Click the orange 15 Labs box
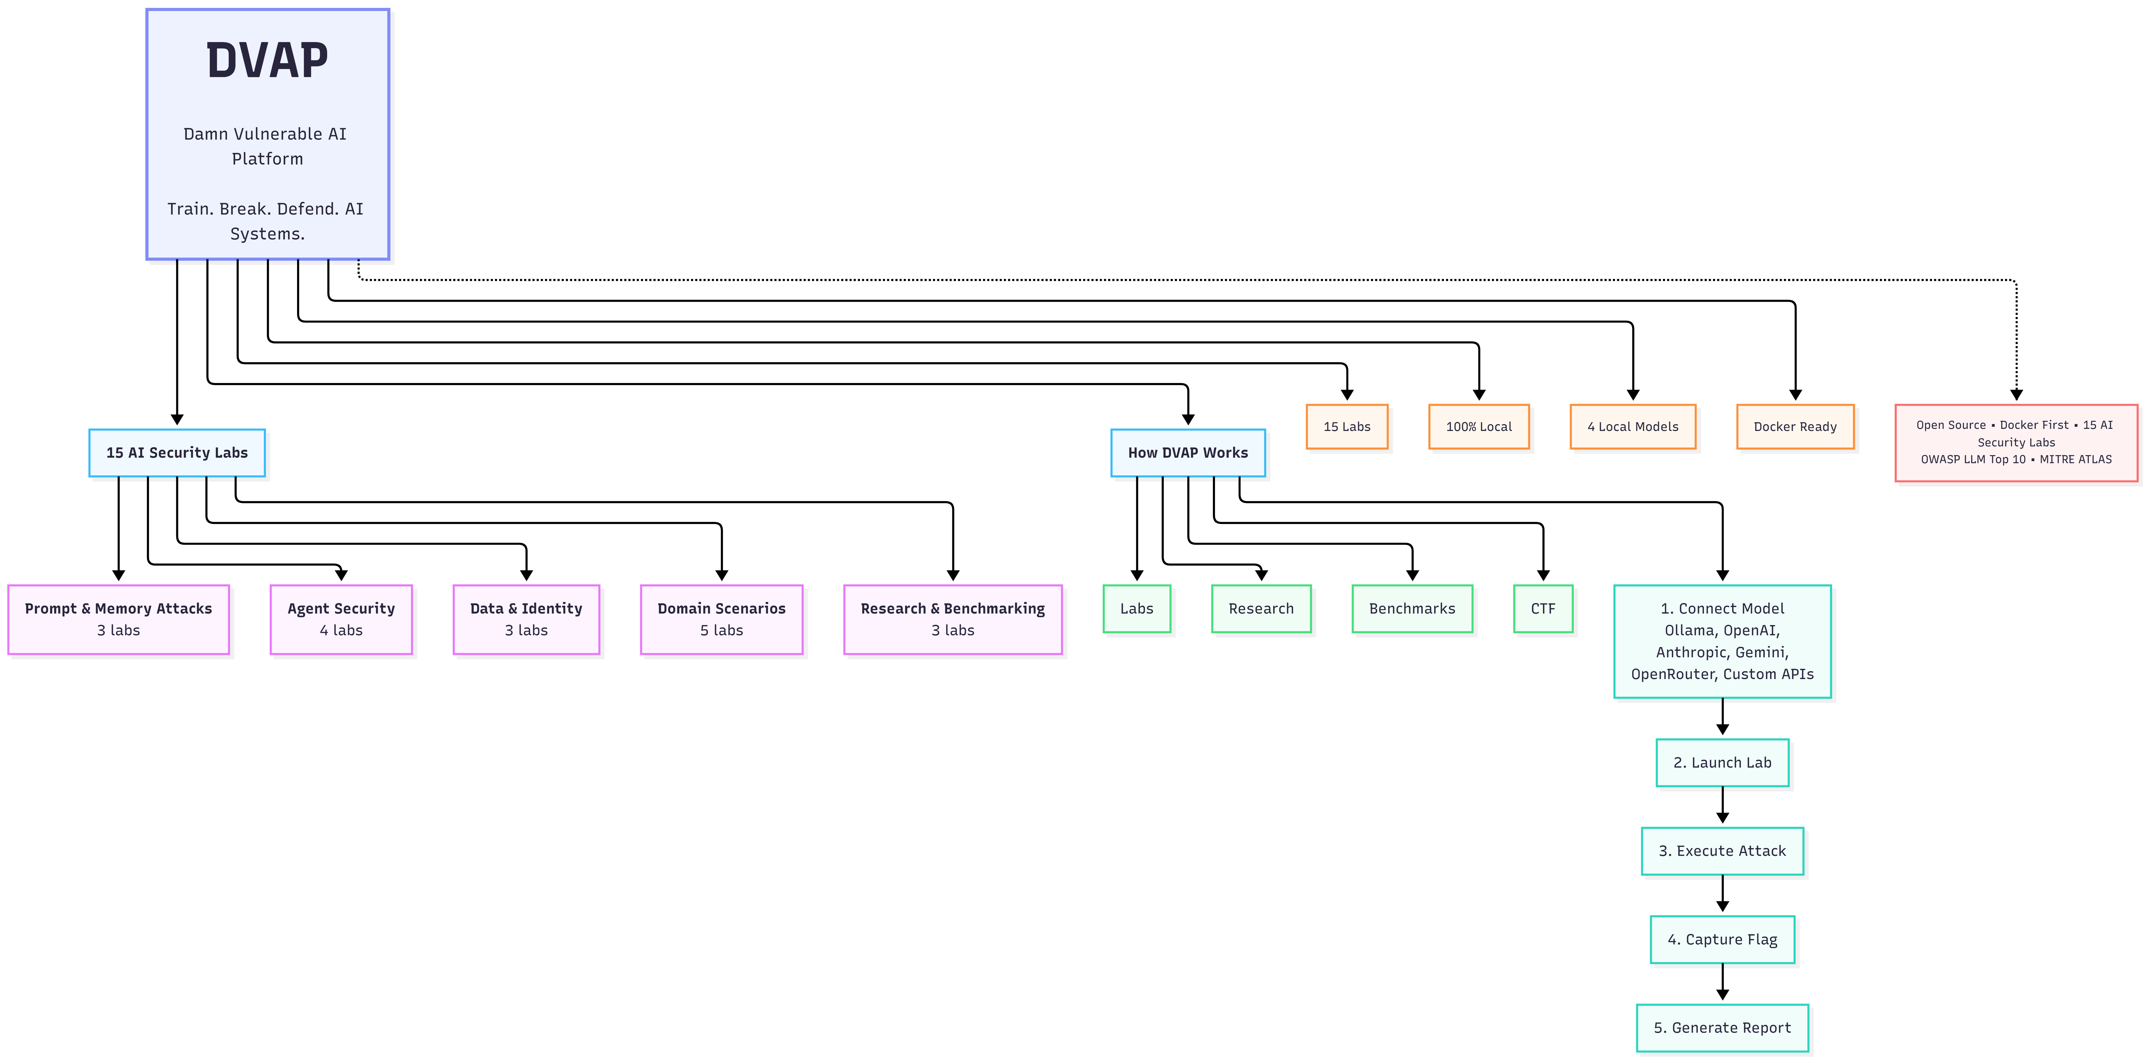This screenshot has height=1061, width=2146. [x=1347, y=426]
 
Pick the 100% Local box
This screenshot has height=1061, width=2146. [x=1479, y=426]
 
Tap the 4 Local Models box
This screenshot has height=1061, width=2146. [x=1633, y=426]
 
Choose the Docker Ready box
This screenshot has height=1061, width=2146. [x=1795, y=426]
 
